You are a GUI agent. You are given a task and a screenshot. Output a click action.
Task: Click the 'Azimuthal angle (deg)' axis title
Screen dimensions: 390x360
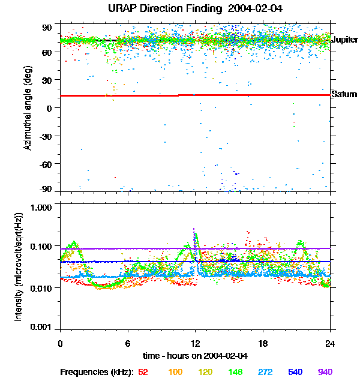(28, 108)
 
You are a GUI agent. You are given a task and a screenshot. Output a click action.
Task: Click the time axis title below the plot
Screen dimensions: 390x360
(195, 356)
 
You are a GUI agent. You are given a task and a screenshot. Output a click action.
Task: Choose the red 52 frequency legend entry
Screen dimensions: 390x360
(143, 373)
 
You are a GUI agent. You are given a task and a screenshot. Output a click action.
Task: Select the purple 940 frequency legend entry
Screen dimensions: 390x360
(325, 373)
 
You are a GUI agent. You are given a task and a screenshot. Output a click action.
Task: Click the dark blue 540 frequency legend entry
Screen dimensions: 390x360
(294, 373)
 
